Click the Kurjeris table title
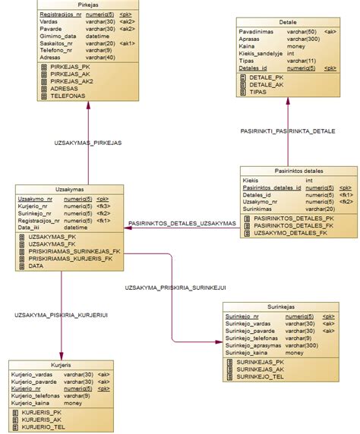coord(60,365)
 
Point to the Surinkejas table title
coord(281,307)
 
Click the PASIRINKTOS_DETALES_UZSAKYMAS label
coord(182,223)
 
